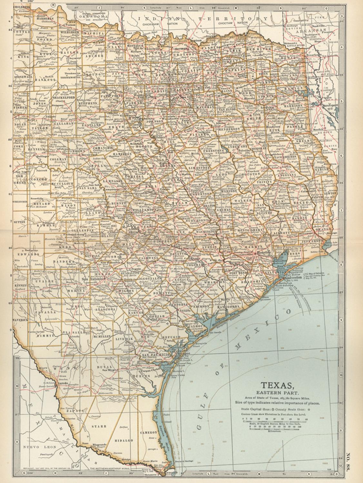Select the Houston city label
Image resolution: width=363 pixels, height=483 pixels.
pyautogui.click(x=262, y=253)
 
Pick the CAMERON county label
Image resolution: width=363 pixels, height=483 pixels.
pyautogui.click(x=148, y=433)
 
